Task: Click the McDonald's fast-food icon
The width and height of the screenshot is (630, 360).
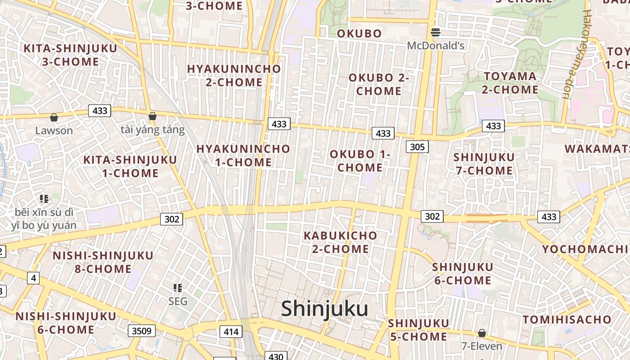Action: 435,32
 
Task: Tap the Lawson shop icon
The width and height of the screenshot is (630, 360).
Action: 54,118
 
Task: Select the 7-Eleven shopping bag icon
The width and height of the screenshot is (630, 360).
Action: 481,333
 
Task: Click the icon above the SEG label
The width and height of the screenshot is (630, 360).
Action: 178,288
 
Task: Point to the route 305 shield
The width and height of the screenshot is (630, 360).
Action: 417,147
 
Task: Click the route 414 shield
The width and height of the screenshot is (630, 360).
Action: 231,332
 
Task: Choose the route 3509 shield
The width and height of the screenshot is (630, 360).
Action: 142,331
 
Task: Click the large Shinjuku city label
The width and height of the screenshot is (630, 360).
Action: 324,309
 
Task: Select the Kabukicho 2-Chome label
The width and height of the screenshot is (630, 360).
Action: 340,242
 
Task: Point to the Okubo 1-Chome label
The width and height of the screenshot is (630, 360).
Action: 360,161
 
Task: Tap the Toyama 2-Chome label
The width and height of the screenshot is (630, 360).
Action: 510,83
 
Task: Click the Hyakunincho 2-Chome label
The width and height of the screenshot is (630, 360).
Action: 234,76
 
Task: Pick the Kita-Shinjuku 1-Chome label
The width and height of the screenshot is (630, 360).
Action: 130,166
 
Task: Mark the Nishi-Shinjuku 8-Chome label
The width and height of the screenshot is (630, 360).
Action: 103,262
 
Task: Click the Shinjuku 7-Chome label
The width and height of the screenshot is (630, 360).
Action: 484,164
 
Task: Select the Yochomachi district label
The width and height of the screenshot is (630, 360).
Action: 585,249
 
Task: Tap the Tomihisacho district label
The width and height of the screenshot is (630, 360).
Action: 567,319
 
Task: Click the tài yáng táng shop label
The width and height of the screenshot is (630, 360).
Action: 153,130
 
